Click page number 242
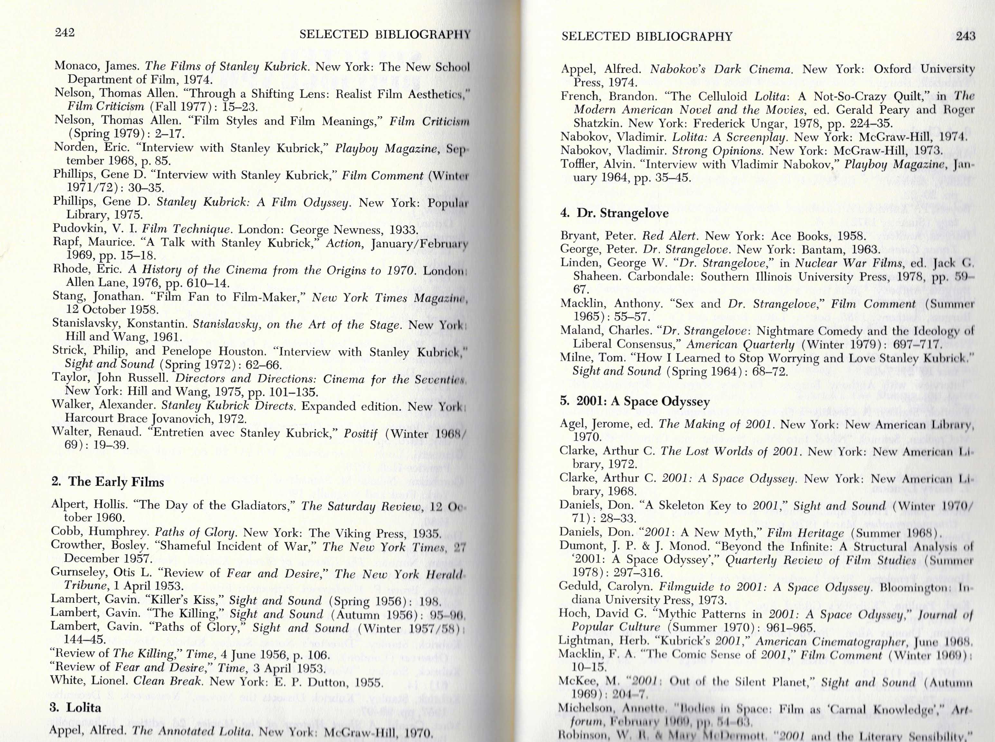(x=64, y=32)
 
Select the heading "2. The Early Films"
(x=108, y=482)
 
